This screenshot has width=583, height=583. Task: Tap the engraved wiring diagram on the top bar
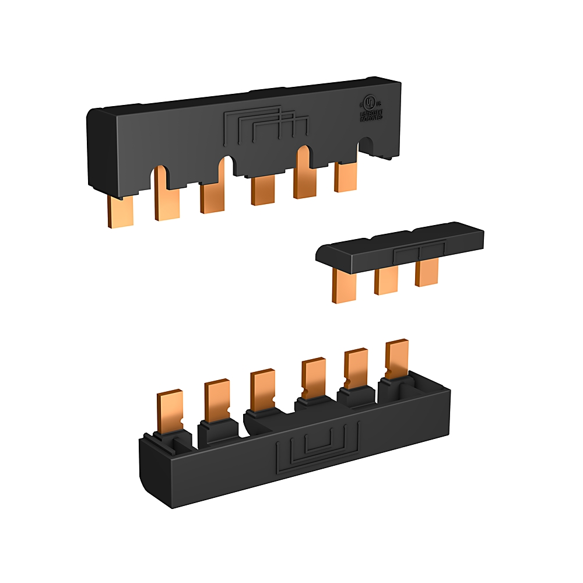(265, 124)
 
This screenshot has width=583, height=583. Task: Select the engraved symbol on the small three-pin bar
(419, 252)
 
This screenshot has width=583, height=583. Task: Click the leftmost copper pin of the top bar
(121, 210)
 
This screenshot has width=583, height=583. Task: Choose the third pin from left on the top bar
(212, 196)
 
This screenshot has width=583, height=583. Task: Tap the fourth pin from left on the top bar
(263, 190)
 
